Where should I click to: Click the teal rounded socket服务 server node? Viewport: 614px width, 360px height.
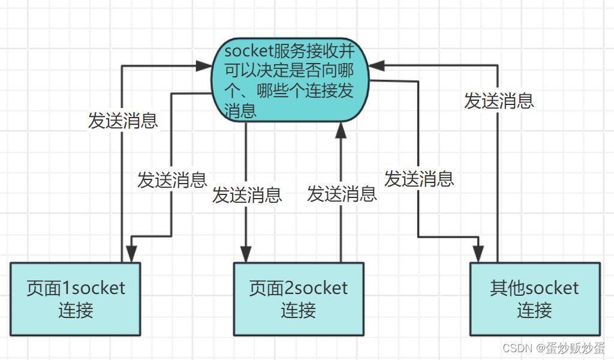[x=290, y=81]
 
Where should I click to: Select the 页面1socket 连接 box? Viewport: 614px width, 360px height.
[x=76, y=298]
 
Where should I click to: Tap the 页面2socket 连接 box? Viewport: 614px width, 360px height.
[x=298, y=298]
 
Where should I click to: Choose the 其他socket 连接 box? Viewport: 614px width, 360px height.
[x=534, y=298]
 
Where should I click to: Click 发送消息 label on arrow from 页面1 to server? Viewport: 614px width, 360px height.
[x=123, y=121]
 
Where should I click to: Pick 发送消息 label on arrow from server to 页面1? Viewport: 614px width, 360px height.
[x=172, y=180]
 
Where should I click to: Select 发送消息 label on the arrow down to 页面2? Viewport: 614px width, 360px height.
[x=246, y=195]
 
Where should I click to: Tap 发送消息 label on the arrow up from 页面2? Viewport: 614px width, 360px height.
[x=342, y=194]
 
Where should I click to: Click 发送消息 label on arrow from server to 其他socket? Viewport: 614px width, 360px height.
[x=419, y=178]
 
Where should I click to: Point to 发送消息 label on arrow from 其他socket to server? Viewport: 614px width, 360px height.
[x=499, y=101]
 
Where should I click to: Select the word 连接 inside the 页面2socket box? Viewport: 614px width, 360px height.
[x=298, y=310]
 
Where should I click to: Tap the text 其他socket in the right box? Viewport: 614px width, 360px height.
[x=534, y=287]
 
